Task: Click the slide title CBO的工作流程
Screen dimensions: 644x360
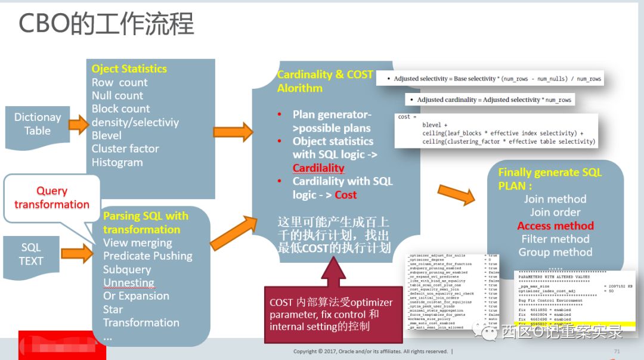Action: click(107, 24)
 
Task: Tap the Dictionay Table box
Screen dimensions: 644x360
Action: click(37, 124)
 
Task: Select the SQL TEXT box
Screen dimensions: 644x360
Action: click(31, 255)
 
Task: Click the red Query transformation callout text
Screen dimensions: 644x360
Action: click(52, 197)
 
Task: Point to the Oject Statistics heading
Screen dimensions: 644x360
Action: click(129, 69)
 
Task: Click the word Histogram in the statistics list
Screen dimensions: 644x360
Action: click(117, 162)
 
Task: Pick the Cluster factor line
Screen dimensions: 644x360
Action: click(125, 148)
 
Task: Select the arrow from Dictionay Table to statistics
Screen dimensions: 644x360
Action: click(78, 125)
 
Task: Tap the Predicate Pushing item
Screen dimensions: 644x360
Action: click(148, 256)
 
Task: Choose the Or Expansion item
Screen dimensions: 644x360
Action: click(136, 296)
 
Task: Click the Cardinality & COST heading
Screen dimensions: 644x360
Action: click(325, 75)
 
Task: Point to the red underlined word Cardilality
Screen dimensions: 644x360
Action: click(318, 168)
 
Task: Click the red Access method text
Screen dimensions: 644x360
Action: click(555, 226)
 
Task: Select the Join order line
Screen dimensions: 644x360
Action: click(555, 212)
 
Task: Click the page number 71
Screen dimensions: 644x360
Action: click(617, 352)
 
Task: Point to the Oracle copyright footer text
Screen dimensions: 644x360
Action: click(370, 352)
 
